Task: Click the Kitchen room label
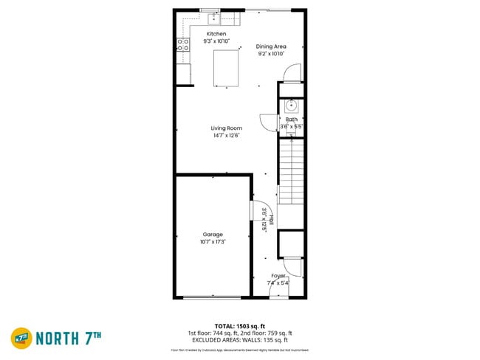pyautogui.click(x=216, y=34)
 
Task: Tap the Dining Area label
pyautogui.click(x=271, y=46)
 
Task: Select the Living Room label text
pyautogui.click(x=227, y=128)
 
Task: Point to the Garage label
pyautogui.click(x=213, y=235)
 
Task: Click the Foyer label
pyautogui.click(x=278, y=275)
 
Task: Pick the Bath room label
pyautogui.click(x=292, y=119)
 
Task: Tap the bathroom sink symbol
pyautogui.click(x=292, y=105)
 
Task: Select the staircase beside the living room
pyautogui.click(x=291, y=170)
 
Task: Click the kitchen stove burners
pyautogui.click(x=182, y=45)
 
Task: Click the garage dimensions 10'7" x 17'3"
pyautogui.click(x=213, y=242)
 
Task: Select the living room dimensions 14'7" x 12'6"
pyautogui.click(x=227, y=135)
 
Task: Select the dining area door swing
pyautogui.click(x=294, y=72)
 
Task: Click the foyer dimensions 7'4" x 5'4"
pyautogui.click(x=278, y=283)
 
